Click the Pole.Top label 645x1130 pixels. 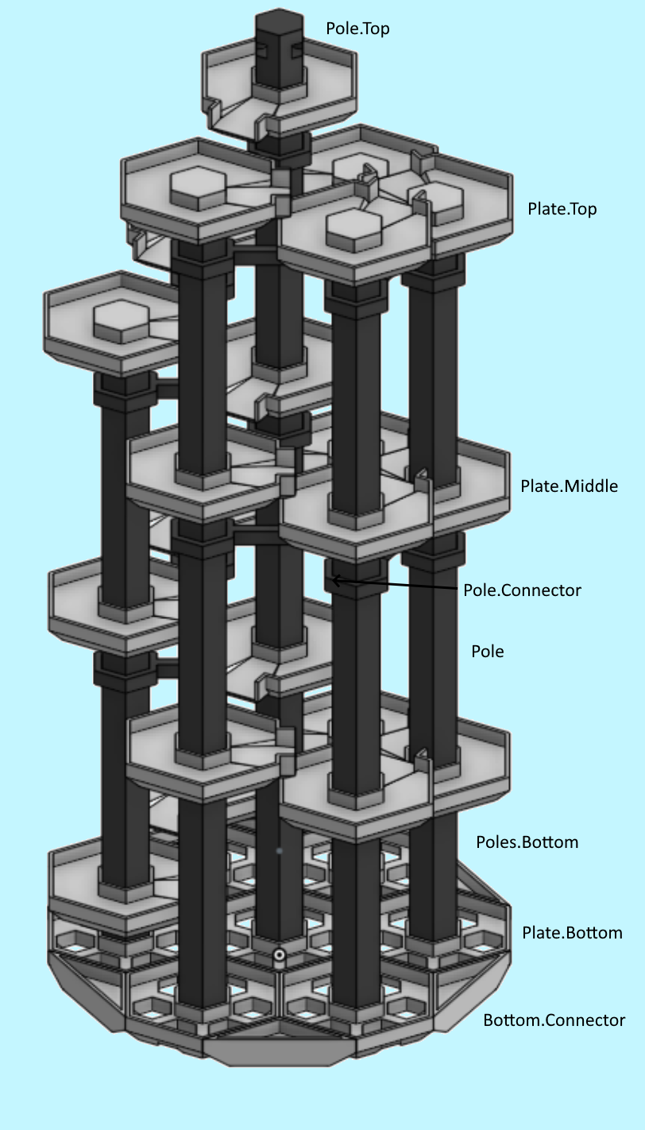coord(357,29)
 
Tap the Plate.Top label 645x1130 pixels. coord(562,209)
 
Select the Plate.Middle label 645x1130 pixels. coord(569,486)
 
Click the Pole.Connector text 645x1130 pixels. coord(522,590)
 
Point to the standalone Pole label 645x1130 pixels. coord(487,652)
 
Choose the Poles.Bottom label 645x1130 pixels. coord(527,842)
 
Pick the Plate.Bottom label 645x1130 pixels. coord(572,933)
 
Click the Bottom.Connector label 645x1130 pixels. coord(554,1020)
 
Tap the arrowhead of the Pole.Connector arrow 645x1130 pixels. coord(335,581)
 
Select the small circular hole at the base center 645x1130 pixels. coord(279,955)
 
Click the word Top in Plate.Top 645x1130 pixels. coord(581,209)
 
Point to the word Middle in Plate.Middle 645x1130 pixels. coord(591,486)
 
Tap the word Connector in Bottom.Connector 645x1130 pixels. coord(586,1020)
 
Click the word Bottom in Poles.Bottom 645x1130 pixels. coord(550,842)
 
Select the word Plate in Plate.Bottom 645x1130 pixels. coord(540,933)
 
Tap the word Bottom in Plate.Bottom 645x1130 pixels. coord(593,933)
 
